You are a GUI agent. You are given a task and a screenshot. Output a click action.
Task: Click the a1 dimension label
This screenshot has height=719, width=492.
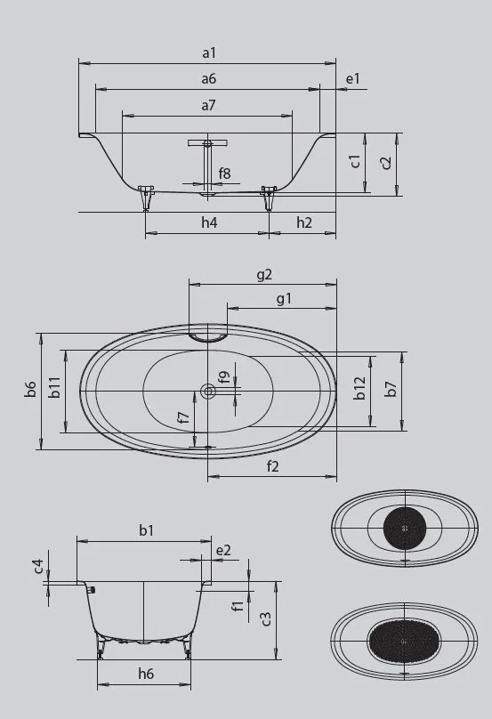point(208,53)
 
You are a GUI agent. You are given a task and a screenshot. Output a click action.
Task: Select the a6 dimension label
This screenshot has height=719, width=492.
point(208,79)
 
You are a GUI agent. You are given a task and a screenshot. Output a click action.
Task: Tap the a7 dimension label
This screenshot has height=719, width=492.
point(208,105)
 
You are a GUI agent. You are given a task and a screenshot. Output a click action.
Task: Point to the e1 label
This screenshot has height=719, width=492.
point(353,79)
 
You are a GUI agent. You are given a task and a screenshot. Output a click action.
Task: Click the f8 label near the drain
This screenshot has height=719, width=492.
point(225,174)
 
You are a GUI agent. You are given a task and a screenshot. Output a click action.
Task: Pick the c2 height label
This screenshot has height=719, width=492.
point(385,162)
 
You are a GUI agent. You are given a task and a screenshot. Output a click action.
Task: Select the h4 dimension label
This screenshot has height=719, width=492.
point(208,222)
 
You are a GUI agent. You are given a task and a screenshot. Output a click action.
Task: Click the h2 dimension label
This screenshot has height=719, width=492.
point(304,222)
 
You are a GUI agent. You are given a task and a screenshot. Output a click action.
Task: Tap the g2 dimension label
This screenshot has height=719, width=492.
point(263,274)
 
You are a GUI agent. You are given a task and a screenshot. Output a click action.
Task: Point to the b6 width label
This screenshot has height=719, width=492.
point(30,389)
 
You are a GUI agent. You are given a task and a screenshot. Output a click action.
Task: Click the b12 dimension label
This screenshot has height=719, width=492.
point(359,389)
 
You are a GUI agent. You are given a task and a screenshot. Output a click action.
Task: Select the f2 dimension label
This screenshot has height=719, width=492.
point(272,466)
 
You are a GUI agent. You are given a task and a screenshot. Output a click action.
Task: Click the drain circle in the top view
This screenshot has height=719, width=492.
point(208,391)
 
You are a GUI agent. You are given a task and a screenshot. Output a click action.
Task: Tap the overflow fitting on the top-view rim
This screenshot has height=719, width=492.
point(208,335)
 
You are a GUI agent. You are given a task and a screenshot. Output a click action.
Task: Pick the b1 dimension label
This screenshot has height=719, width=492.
point(145,530)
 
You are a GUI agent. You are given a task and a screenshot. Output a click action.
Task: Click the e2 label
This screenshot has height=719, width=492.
point(222,550)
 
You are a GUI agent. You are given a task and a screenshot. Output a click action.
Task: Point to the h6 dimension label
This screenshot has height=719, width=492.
point(145,675)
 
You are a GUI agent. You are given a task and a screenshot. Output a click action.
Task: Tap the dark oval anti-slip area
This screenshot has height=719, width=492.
point(403,640)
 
